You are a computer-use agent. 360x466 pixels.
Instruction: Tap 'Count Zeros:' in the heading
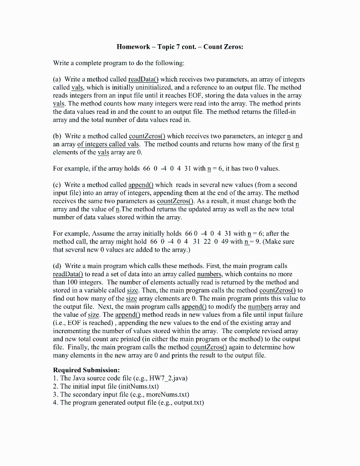coord(223,46)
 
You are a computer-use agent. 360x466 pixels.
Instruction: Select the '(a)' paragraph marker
coord(58,79)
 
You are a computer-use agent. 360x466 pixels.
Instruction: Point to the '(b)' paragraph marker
coord(58,136)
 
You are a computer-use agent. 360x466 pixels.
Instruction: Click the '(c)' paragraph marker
coord(58,184)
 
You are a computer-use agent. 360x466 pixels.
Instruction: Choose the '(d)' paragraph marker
coord(58,265)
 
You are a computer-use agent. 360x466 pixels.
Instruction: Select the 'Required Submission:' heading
coord(86,370)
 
